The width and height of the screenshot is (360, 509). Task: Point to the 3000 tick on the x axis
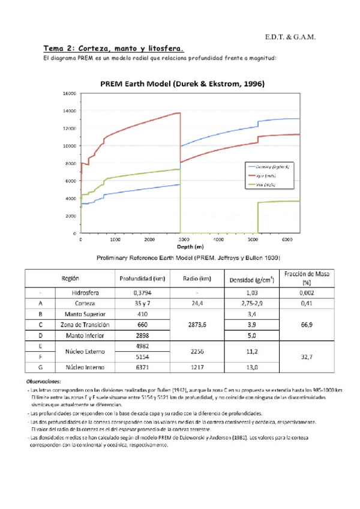(x=184, y=239)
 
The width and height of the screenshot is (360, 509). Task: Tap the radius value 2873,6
(x=197, y=324)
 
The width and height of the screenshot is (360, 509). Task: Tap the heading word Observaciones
(x=47, y=381)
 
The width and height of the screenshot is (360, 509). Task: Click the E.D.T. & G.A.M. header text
(x=290, y=38)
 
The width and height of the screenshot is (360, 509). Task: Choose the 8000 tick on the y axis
(x=71, y=163)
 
